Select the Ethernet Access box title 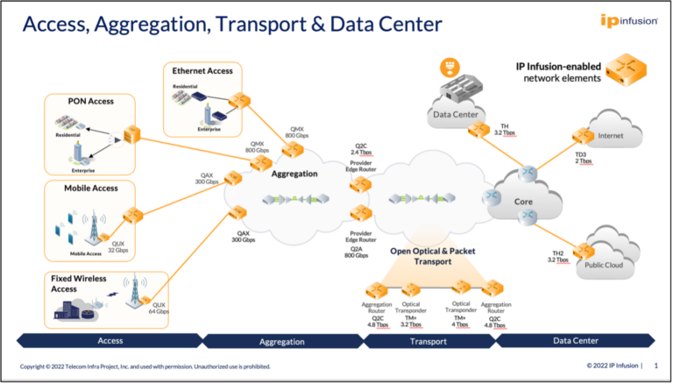point(202,70)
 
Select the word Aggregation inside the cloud point(294,174)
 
